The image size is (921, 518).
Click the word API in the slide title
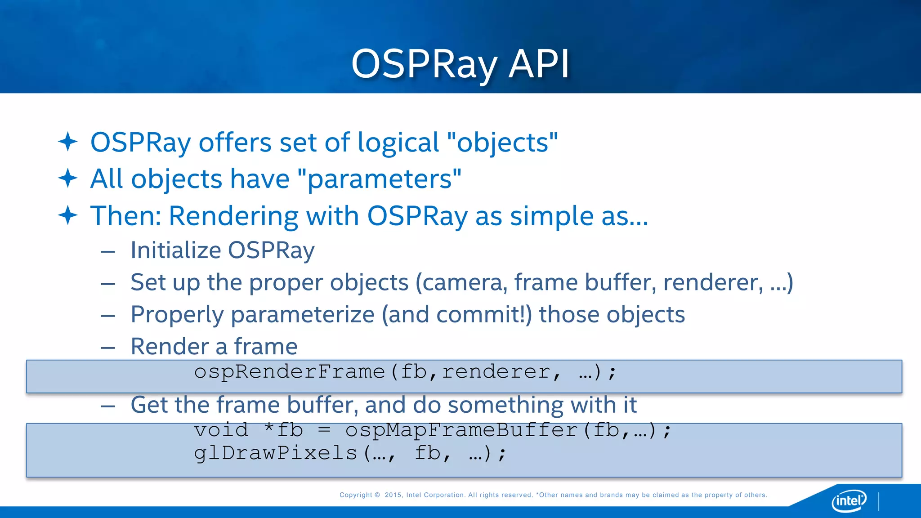click(539, 64)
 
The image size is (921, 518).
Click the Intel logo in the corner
click(849, 500)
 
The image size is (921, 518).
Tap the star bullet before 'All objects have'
click(68, 178)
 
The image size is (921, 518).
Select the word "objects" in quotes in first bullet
click(503, 143)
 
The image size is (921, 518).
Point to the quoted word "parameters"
click(380, 179)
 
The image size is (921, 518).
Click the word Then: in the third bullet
click(125, 216)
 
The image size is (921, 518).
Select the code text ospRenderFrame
click(290, 372)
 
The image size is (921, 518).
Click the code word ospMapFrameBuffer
click(461, 430)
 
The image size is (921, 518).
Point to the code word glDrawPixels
click(275, 453)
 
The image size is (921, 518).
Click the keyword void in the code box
click(221, 430)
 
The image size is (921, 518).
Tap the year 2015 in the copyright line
click(393, 495)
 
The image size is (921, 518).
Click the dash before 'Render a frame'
click(108, 348)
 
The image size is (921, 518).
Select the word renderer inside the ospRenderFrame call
click(496, 372)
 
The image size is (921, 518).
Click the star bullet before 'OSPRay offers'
click(68, 142)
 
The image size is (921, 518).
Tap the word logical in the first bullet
click(398, 143)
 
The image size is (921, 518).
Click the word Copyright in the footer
click(356, 495)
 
